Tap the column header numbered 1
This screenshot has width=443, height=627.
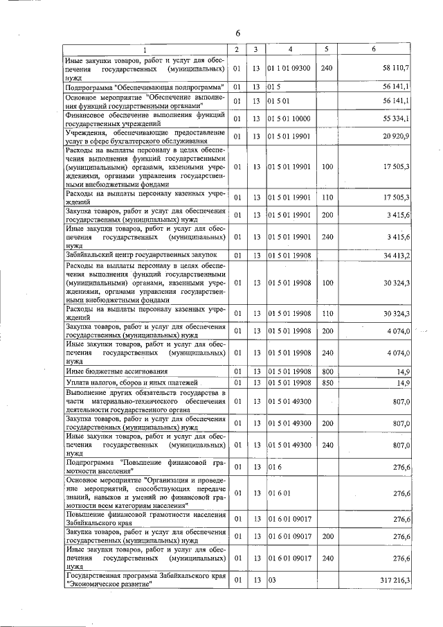(x=145, y=50)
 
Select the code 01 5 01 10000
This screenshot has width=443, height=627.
(x=289, y=119)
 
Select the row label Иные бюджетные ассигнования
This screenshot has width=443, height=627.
(x=116, y=372)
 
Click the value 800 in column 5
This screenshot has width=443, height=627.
(x=327, y=372)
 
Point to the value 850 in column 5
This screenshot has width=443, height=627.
(x=327, y=382)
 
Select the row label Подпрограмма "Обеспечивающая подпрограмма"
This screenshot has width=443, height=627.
(x=145, y=87)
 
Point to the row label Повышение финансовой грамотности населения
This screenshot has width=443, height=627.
(x=145, y=519)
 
